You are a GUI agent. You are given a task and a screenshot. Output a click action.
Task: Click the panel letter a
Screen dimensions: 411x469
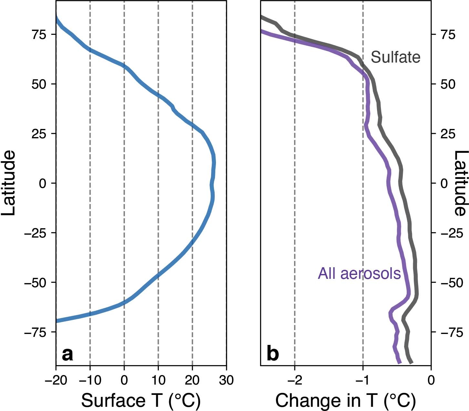click(x=67, y=354)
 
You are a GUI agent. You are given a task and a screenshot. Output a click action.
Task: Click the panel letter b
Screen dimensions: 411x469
click(x=273, y=354)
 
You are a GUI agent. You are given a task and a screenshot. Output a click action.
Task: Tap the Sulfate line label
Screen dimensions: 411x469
click(x=395, y=57)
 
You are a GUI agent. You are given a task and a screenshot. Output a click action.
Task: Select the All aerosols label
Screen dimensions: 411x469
click(x=359, y=273)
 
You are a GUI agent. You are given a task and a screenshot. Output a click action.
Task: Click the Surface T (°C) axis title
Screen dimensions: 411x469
click(x=141, y=401)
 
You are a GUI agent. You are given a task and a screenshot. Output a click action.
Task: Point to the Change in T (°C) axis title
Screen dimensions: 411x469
click(x=345, y=401)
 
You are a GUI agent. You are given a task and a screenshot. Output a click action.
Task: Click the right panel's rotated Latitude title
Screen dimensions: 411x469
click(x=461, y=183)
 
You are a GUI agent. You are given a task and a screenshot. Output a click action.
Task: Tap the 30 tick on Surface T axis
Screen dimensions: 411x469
click(x=226, y=381)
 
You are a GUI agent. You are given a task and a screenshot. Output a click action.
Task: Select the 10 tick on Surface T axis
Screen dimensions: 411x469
click(x=158, y=381)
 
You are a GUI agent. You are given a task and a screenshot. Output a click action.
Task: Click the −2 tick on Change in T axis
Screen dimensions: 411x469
click(x=294, y=381)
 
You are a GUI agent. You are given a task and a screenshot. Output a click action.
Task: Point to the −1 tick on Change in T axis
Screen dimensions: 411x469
click(x=363, y=381)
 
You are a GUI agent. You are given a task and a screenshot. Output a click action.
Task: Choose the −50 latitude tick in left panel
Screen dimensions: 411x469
click(x=36, y=282)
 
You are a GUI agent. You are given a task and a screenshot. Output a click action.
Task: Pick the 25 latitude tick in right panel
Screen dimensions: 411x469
click(x=448, y=134)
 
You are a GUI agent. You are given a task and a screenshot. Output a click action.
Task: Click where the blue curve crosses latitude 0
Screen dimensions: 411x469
click(x=212, y=183)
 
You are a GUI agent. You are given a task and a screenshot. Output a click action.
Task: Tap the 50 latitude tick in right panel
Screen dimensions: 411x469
click(x=448, y=84)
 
